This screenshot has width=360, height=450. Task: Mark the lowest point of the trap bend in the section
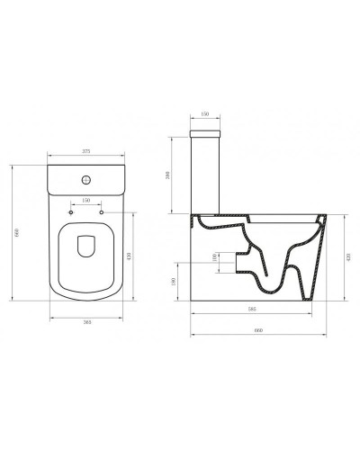[x=271, y=290]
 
